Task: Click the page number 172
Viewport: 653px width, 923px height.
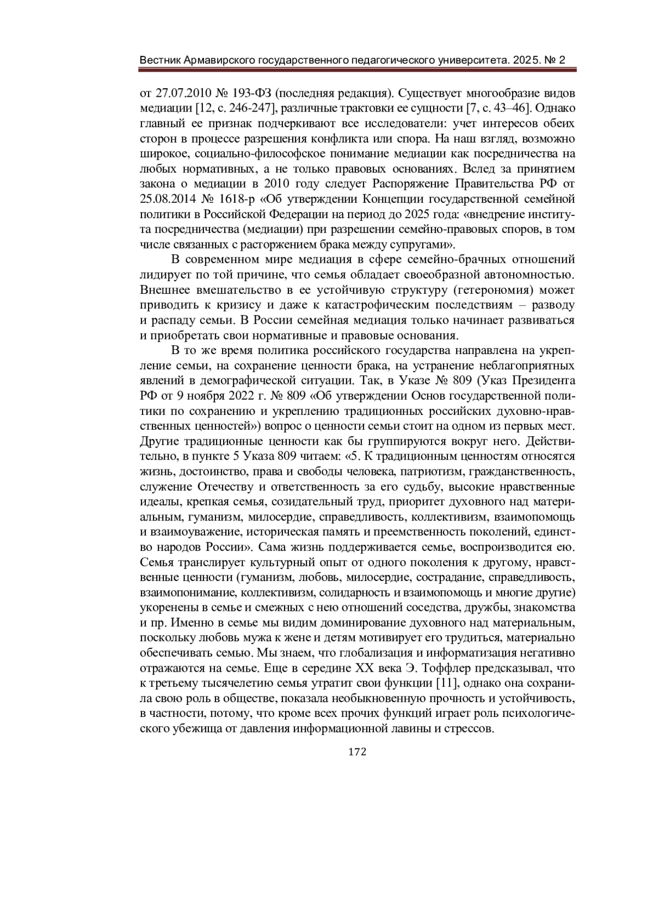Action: click(x=357, y=752)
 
